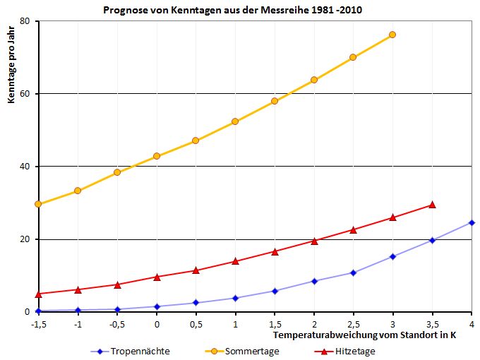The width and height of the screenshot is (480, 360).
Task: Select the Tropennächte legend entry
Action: coord(129,351)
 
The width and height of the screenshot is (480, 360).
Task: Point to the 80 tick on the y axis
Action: coord(25,21)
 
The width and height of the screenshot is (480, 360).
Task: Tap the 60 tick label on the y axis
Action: coord(25,94)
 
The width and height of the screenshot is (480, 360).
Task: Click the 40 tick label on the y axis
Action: coord(25,167)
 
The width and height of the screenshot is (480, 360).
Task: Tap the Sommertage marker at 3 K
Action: coord(392,35)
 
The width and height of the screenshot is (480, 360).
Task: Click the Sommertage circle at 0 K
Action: coord(157,156)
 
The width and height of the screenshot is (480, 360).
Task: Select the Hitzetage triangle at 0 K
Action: coord(157,277)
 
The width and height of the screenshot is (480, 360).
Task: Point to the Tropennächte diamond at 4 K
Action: coord(472,222)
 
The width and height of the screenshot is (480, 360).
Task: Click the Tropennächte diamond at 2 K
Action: coord(314,281)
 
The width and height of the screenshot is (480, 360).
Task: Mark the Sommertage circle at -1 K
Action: coord(78,191)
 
